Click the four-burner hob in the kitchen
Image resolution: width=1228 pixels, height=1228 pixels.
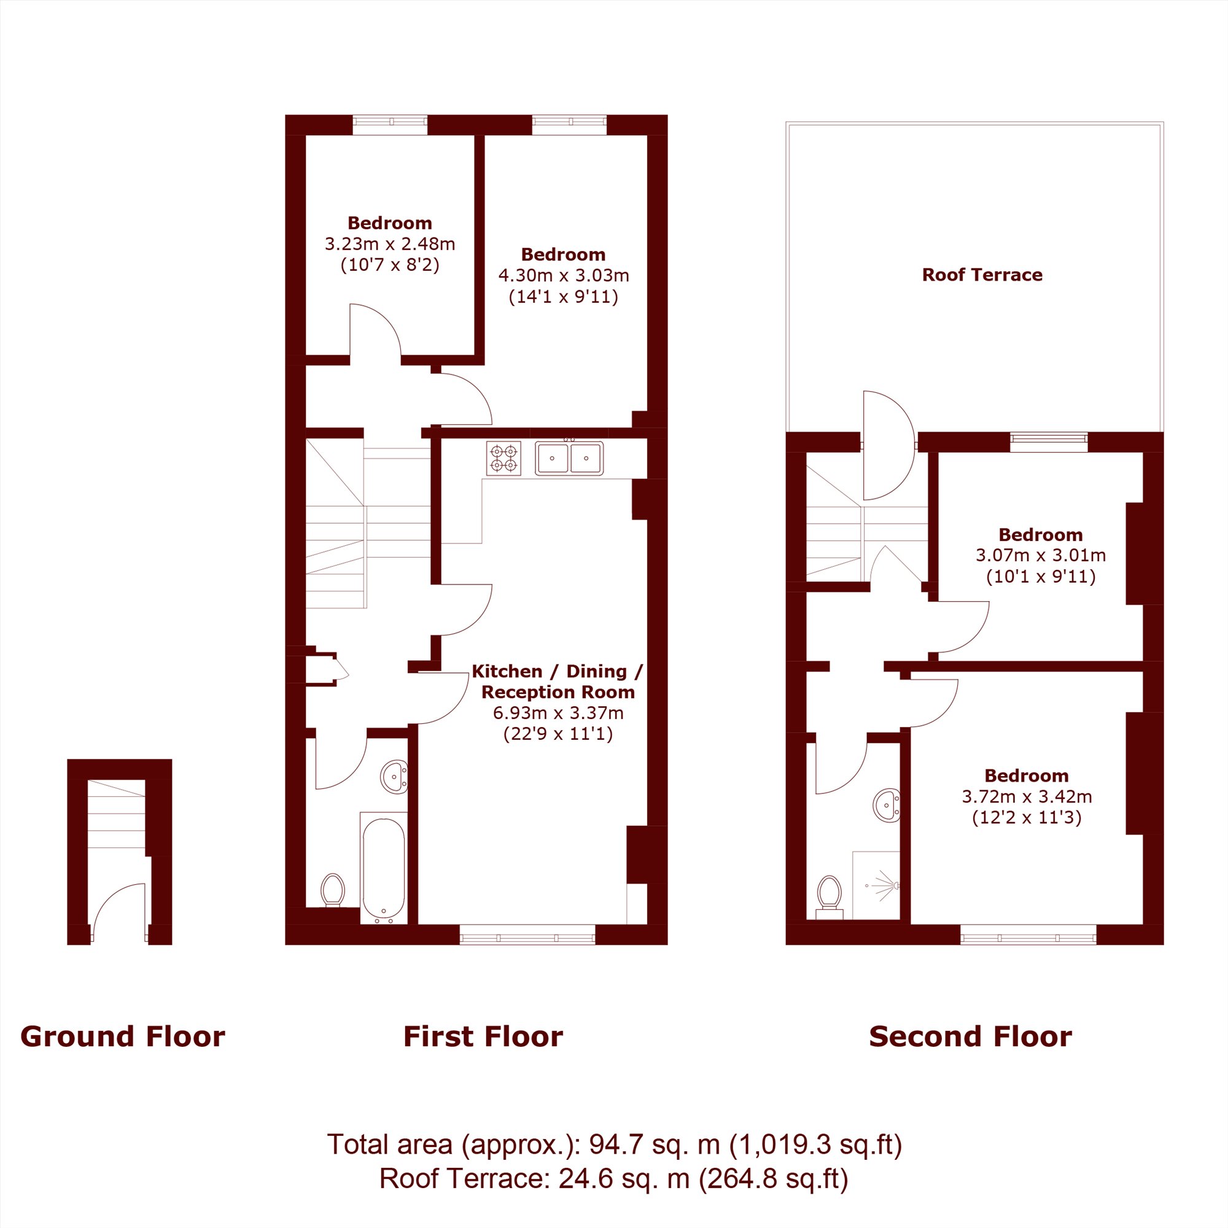503,458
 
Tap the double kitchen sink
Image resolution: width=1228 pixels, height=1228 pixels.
569,458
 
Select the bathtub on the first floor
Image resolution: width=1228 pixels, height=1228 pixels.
383,868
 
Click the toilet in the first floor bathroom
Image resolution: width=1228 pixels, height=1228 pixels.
332,891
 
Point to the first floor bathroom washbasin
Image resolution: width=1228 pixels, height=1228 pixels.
395,777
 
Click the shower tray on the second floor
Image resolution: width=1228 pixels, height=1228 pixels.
876,885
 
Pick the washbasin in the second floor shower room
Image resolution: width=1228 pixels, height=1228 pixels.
887,806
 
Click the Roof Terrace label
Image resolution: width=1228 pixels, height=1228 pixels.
982,274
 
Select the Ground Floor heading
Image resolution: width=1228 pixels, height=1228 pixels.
123,1036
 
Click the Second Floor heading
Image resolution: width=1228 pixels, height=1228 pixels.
971,1036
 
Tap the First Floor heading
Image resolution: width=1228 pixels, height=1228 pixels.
483,1036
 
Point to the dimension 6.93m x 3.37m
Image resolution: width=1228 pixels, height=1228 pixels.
558,713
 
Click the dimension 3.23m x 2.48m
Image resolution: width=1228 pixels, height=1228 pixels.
390,243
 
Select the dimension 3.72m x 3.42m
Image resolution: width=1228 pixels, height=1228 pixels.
1027,796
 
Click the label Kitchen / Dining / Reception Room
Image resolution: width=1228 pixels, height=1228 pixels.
558,682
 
